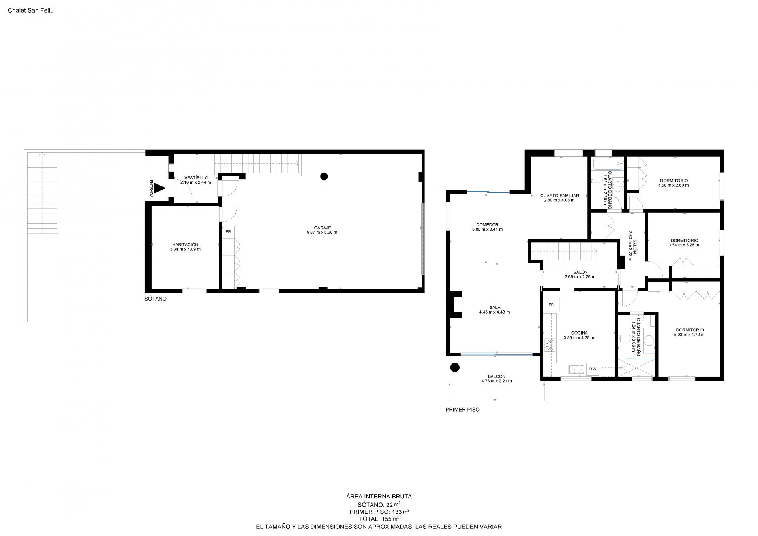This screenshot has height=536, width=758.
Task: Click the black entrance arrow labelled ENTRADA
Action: tap(159, 188)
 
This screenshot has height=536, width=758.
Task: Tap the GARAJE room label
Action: tap(322, 228)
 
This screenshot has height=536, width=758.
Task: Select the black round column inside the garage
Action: tap(324, 177)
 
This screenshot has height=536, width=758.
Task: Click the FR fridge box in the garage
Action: tap(228, 232)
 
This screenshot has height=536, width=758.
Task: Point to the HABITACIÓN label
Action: tap(185, 244)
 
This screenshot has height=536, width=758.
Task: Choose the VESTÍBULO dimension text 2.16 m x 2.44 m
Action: tap(196, 182)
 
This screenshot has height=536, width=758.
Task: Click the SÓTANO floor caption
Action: tap(156, 299)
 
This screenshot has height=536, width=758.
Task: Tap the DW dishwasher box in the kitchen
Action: tap(593, 369)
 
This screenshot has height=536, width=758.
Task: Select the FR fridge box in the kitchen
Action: tap(551, 305)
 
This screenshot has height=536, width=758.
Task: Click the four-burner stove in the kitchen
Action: tap(549, 345)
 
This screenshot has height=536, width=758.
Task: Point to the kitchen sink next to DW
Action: tap(577, 369)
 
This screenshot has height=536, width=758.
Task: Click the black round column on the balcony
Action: tap(455, 368)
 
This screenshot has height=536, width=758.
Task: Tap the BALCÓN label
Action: tap(496, 376)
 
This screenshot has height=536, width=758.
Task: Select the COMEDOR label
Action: tap(487, 225)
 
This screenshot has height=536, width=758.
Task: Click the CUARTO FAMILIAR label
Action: tap(559, 196)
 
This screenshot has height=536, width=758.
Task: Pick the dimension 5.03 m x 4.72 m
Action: tap(689, 335)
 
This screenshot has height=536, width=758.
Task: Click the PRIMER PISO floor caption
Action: tap(462, 410)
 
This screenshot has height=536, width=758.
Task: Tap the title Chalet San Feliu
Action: tap(31, 11)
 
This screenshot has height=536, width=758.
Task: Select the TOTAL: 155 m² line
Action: tap(379, 519)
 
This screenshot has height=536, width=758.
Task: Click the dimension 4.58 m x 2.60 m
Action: tap(674, 185)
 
